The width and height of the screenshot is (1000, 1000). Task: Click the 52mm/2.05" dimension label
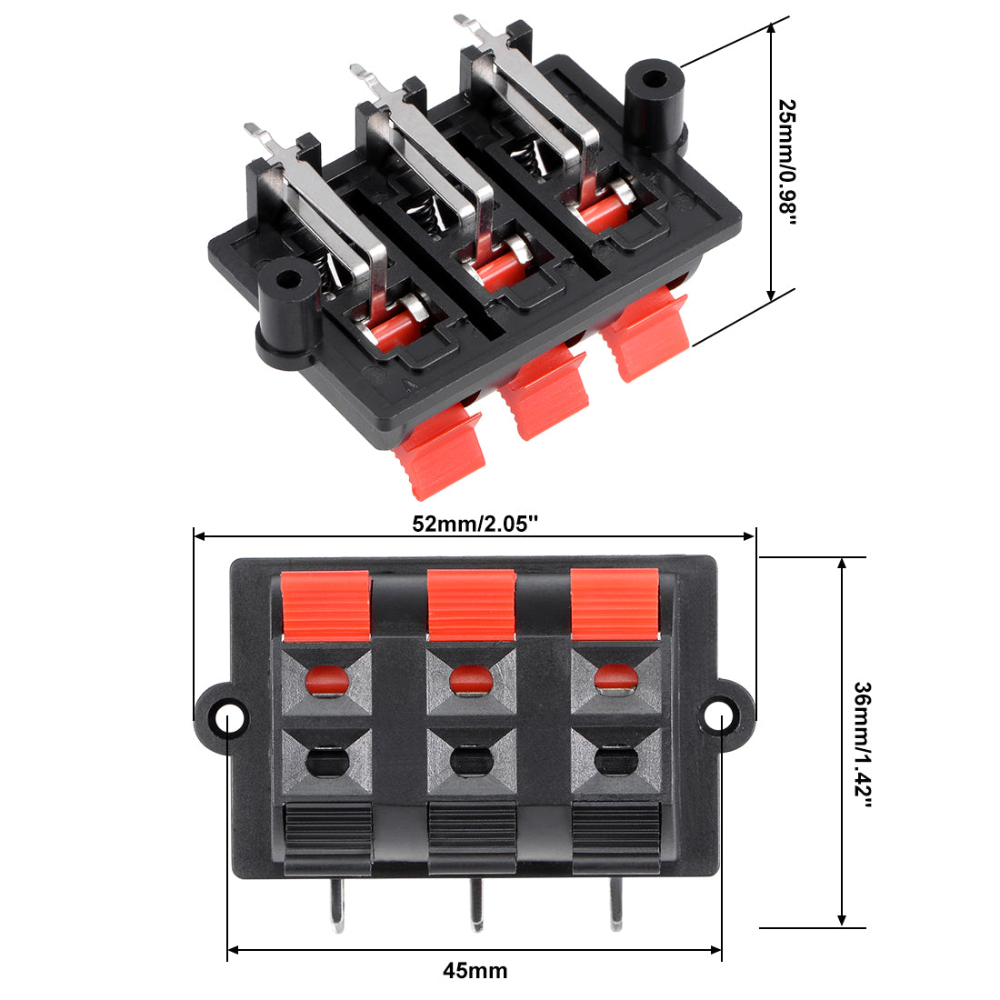475,525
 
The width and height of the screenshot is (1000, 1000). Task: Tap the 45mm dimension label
475,971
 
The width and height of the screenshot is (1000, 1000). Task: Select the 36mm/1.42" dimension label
862,745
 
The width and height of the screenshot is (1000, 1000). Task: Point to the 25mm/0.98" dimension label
787,162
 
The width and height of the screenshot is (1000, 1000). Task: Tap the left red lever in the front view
325,605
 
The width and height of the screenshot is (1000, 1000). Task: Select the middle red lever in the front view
471,605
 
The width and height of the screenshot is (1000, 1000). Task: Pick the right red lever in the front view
615,604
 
